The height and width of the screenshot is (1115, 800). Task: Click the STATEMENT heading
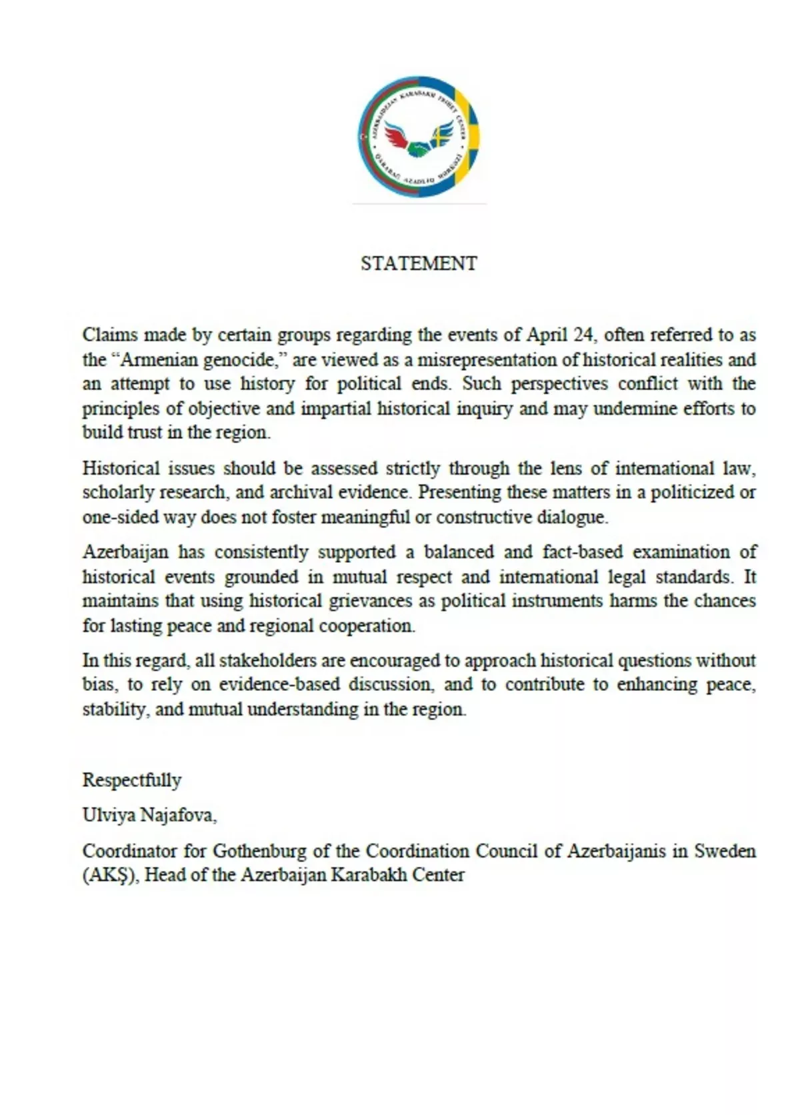419,263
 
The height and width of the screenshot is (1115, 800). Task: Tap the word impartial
336,408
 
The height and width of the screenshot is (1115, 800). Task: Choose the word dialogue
574,517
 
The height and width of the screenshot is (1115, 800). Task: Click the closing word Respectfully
132,780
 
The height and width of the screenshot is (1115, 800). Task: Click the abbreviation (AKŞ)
111,876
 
